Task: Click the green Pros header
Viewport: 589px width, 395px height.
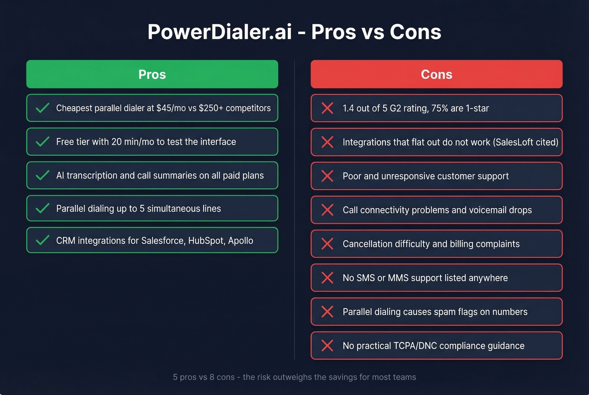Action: pyautogui.click(x=152, y=74)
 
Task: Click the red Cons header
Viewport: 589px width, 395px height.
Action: pyautogui.click(x=436, y=74)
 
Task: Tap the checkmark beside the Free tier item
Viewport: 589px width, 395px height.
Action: pyautogui.click(x=42, y=142)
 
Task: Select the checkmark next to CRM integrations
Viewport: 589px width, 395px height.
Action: pyautogui.click(x=42, y=240)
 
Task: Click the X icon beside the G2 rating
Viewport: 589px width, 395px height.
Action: pyautogui.click(x=327, y=108)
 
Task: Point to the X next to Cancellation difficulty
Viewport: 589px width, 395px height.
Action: pyautogui.click(x=327, y=244)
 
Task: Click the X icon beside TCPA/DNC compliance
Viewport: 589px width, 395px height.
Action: pyautogui.click(x=327, y=345)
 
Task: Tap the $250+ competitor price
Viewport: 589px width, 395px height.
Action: pyautogui.click(x=211, y=108)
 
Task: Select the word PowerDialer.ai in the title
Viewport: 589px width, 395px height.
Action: pyautogui.click(x=220, y=32)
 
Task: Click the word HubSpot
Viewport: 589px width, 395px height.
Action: pyautogui.click(x=207, y=241)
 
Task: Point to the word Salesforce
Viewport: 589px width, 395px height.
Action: pyautogui.click(x=163, y=241)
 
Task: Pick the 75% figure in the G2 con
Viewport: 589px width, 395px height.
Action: pyautogui.click(x=440, y=108)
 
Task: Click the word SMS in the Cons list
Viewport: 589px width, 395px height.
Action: pyautogui.click(x=365, y=278)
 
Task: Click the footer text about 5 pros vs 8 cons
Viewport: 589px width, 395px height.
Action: pyautogui.click(x=294, y=377)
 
